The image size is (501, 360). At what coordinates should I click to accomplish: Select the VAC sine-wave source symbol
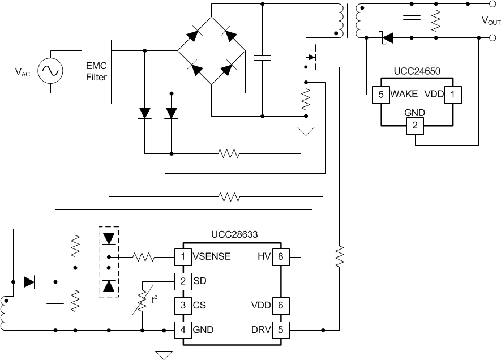(x=49, y=71)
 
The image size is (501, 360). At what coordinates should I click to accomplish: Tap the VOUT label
(x=490, y=21)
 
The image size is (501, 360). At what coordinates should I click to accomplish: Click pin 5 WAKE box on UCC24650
(x=379, y=94)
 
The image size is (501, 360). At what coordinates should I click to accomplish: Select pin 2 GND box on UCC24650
(x=415, y=126)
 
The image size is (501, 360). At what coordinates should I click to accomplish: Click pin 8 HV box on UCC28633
(x=280, y=256)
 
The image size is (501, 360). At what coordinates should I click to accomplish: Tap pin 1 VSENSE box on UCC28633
(x=182, y=256)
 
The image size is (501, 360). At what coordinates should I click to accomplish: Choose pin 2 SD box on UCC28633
(x=182, y=281)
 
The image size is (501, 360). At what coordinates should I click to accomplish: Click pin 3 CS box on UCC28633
(x=182, y=305)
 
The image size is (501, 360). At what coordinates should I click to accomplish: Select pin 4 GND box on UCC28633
(x=182, y=329)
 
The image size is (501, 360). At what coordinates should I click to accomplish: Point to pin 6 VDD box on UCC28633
(x=280, y=305)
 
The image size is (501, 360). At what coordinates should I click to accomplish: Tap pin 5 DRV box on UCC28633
(x=280, y=329)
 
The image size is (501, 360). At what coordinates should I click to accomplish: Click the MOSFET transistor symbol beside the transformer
(x=310, y=57)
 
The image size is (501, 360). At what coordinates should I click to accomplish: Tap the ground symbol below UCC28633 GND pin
(x=164, y=354)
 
